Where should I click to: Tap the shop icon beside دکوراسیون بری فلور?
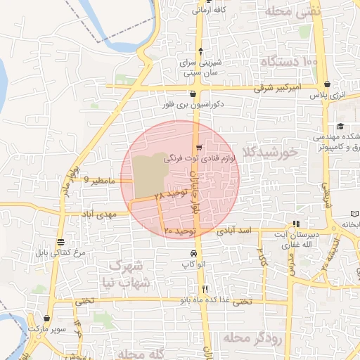[x=193, y=94]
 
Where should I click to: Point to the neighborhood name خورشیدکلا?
[x=269, y=152]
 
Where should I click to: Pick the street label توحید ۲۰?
[x=178, y=230]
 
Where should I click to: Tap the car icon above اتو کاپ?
[x=193, y=253]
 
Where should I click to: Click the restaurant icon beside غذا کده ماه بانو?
[x=205, y=289]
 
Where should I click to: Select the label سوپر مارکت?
[x=46, y=328]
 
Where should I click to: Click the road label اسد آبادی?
[x=234, y=230]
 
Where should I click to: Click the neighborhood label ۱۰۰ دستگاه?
[x=290, y=63]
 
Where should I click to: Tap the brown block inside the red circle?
[x=149, y=175]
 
